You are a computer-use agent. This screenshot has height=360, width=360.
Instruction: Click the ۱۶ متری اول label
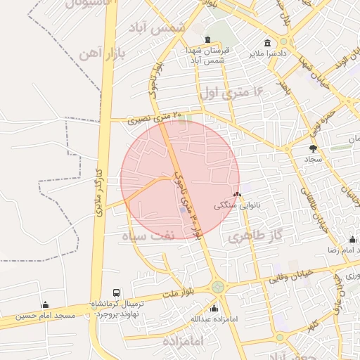pyautogui.click(x=230, y=91)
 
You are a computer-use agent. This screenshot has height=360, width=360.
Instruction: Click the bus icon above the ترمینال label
pyautogui.click(x=116, y=292)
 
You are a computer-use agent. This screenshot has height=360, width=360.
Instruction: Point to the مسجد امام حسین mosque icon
pyautogui.click(x=46, y=304)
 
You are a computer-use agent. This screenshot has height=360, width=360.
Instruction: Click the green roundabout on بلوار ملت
pyautogui.click(x=218, y=287)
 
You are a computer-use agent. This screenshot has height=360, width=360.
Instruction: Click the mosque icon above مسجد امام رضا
pyautogui.click(x=352, y=239)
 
